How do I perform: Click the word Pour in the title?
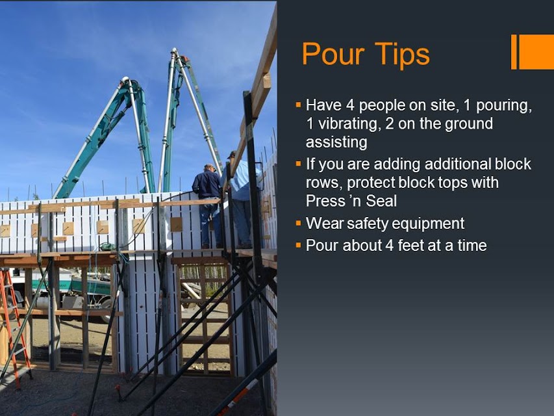click(333, 54)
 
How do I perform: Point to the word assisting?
click(336, 142)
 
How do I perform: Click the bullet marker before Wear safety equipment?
click(299, 224)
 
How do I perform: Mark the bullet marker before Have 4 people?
click(299, 105)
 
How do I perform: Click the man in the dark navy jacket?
click(208, 205)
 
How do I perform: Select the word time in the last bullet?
click(472, 245)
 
